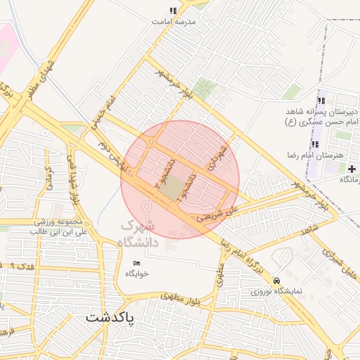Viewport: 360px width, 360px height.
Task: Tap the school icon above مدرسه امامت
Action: coord(173,11)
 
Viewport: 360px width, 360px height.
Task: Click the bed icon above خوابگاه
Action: coord(138,263)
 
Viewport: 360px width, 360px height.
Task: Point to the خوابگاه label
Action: coord(138,274)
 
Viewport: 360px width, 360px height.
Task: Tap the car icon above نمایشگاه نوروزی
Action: coord(276,280)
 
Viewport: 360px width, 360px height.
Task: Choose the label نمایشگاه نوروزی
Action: coord(276,290)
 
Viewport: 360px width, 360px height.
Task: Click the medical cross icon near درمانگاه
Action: coord(351,169)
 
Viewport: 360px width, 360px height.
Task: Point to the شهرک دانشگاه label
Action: coord(151,234)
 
